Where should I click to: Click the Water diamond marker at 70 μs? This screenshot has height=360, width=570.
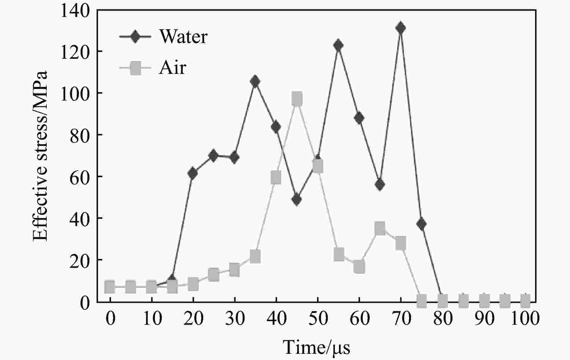coord(401,28)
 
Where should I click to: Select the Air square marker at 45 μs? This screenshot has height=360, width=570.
coord(297,99)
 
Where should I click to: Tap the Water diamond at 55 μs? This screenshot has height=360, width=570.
coord(338,45)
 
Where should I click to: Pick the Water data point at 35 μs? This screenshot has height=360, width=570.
coord(255,82)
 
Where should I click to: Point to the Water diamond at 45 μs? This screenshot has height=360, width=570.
coord(297,200)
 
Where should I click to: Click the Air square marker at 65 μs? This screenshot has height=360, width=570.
coord(380,228)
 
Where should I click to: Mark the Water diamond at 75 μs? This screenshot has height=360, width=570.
coord(421,224)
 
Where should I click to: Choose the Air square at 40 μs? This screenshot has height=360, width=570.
coord(276,178)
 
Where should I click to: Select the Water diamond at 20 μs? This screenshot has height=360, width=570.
coord(192,174)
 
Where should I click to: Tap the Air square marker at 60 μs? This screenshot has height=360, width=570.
coord(359,267)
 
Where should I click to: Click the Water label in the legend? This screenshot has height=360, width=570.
coord(183,36)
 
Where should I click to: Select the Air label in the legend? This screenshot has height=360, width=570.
coord(173,68)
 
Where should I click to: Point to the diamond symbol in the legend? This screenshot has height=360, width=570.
coord(135,36)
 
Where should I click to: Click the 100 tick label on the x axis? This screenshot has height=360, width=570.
coord(525,319)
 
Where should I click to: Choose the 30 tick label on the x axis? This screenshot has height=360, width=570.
coord(235,319)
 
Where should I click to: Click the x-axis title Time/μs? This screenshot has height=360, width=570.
coord(316,348)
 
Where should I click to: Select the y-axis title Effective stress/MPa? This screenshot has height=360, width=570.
coord(40,156)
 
